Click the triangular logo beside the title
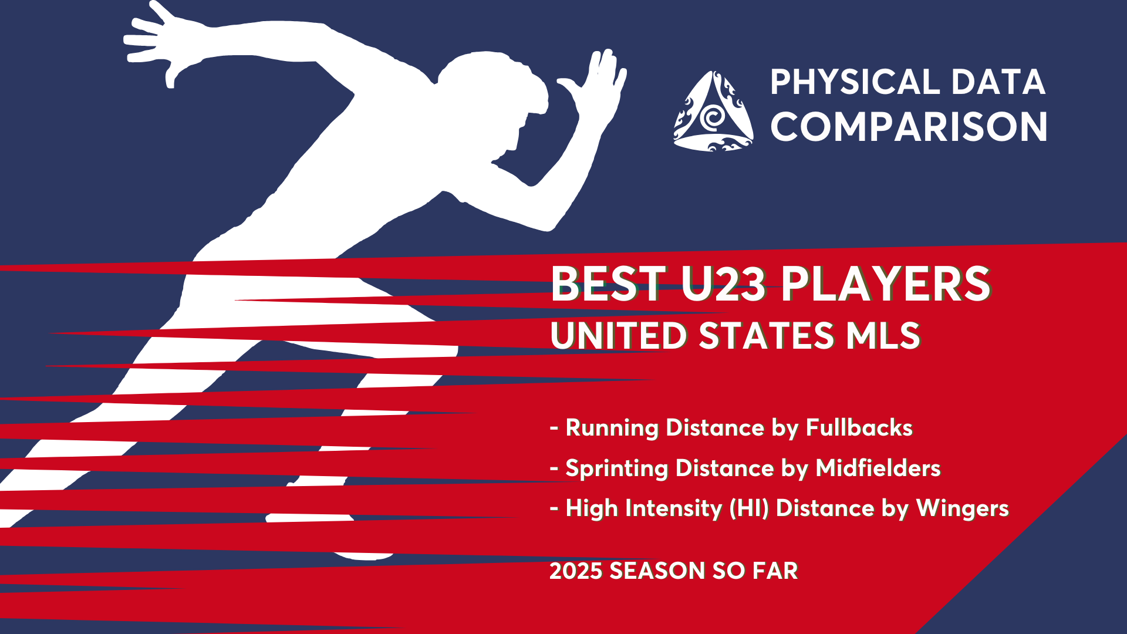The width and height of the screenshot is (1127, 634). point(713,111)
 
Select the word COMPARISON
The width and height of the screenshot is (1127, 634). point(909,127)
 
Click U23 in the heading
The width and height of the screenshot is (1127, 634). point(723,284)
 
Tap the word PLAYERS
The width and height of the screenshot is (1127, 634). point(886,284)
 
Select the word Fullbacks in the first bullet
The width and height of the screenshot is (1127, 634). point(859,427)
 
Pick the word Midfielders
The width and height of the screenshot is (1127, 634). point(878,468)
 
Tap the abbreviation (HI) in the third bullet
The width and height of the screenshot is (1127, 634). point(749,508)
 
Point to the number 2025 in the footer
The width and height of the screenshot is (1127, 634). point(576,571)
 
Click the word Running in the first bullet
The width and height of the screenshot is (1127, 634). point(612,428)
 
